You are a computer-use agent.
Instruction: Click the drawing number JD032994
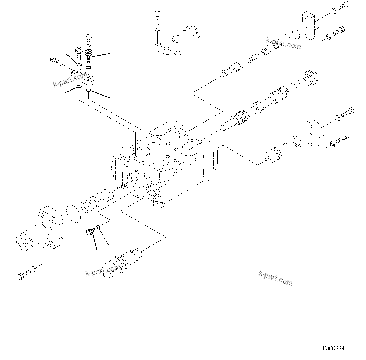[x=333, y=348]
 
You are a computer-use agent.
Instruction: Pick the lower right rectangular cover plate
[x=313, y=133]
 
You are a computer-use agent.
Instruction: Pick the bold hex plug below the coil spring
[x=90, y=232]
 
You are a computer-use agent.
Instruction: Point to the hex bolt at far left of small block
[x=54, y=59]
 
